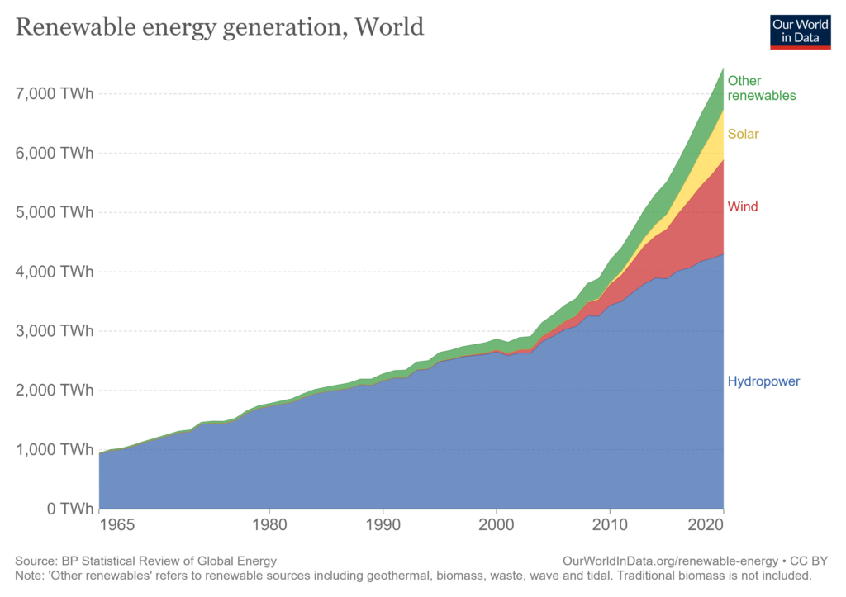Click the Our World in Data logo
point(800,31)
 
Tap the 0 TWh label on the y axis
point(66,509)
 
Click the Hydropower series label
point(763,381)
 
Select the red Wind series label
point(743,206)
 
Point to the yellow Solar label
point(743,134)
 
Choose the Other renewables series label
point(762,88)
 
